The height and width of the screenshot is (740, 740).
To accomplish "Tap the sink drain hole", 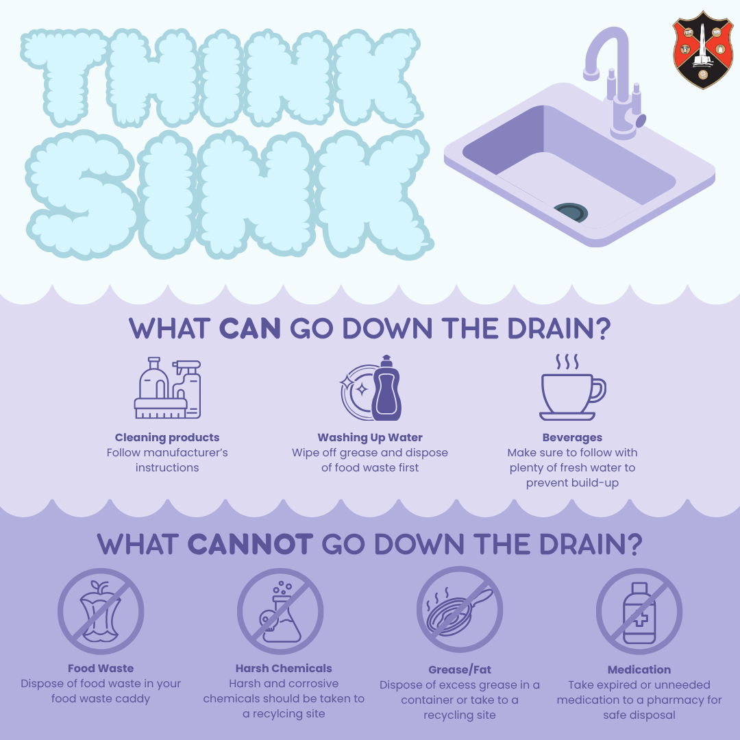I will pyautogui.click(x=570, y=212).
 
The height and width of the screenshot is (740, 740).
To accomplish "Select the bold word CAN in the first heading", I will pyautogui.click(x=250, y=328).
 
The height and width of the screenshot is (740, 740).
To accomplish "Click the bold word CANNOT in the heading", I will pyautogui.click(x=250, y=545).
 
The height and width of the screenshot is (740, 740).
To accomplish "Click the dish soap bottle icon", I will pyautogui.click(x=386, y=388).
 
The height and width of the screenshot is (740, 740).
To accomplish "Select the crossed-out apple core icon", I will pyautogui.click(x=100, y=610).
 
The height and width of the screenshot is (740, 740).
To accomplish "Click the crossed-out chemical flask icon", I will pyautogui.click(x=280, y=610).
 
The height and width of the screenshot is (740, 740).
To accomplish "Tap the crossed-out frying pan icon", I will pyautogui.click(x=460, y=610).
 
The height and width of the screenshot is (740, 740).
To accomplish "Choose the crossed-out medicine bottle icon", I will pyautogui.click(x=639, y=610).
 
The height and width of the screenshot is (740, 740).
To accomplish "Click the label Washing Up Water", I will pyautogui.click(x=370, y=437).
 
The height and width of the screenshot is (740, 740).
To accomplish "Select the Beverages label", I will pyautogui.click(x=572, y=437).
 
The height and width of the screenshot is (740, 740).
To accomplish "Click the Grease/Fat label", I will pyautogui.click(x=460, y=669).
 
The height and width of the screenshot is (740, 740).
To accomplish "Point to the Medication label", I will pyautogui.click(x=639, y=669).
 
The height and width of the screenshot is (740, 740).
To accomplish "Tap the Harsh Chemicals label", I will pyautogui.click(x=284, y=668).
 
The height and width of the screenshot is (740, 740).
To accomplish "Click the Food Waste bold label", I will pyautogui.click(x=101, y=668).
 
